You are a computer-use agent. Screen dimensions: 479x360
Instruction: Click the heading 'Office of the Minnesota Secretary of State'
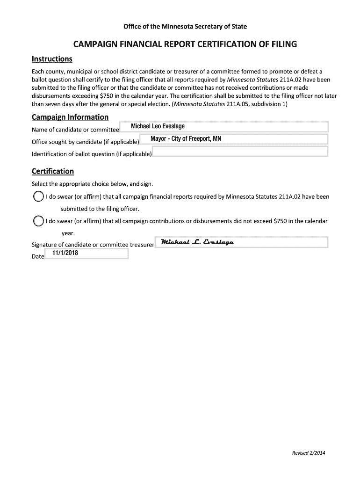tap(185, 26)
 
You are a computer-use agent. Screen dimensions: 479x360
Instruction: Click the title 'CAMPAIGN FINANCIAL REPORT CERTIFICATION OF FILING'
tap(185, 45)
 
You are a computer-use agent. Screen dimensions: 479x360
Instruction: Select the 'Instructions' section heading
tap(52, 59)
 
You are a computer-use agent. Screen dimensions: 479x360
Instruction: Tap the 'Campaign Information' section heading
tap(70, 117)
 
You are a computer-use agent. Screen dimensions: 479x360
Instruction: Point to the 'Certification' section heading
tap(52, 171)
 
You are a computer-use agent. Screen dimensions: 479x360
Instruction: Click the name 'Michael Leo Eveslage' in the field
tap(158, 127)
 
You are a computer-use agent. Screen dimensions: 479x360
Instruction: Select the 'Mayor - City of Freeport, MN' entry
tap(182, 139)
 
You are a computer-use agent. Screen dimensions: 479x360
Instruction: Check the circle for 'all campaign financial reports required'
tap(38, 197)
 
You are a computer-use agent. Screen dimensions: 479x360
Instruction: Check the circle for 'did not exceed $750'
tap(38, 221)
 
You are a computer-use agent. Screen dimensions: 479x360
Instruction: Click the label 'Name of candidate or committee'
tap(75, 130)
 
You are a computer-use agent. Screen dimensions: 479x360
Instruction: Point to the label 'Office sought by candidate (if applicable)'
tap(85, 142)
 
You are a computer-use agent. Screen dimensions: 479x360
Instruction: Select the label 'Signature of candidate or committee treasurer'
tap(93, 245)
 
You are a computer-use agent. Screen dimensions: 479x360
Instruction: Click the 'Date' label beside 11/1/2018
tap(37, 257)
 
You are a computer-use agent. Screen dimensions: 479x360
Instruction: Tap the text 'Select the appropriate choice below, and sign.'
tap(92, 184)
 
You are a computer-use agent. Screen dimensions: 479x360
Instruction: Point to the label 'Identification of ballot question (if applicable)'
tap(92, 154)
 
